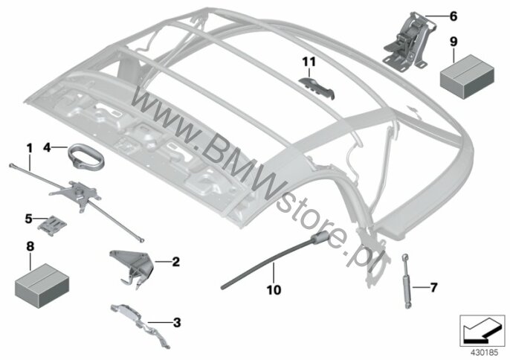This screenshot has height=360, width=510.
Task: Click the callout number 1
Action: (30, 149)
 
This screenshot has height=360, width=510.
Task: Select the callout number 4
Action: (47, 148)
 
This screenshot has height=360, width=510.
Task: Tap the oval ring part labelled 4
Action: (86, 157)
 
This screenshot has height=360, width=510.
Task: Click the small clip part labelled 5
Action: (52, 225)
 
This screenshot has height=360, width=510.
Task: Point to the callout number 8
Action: (30, 246)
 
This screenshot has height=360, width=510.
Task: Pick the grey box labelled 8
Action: (42, 286)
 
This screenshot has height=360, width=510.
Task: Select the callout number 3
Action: (177, 323)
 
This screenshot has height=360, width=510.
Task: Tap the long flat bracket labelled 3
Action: (140, 324)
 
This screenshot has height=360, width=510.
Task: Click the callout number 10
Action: (274, 289)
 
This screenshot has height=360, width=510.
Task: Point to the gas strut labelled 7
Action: (407, 281)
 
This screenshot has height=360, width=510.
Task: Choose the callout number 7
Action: (433, 287)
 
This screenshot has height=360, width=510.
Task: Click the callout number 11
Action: (309, 61)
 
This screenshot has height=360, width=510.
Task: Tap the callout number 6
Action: (453, 16)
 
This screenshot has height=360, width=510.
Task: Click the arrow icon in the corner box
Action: (479, 331)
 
